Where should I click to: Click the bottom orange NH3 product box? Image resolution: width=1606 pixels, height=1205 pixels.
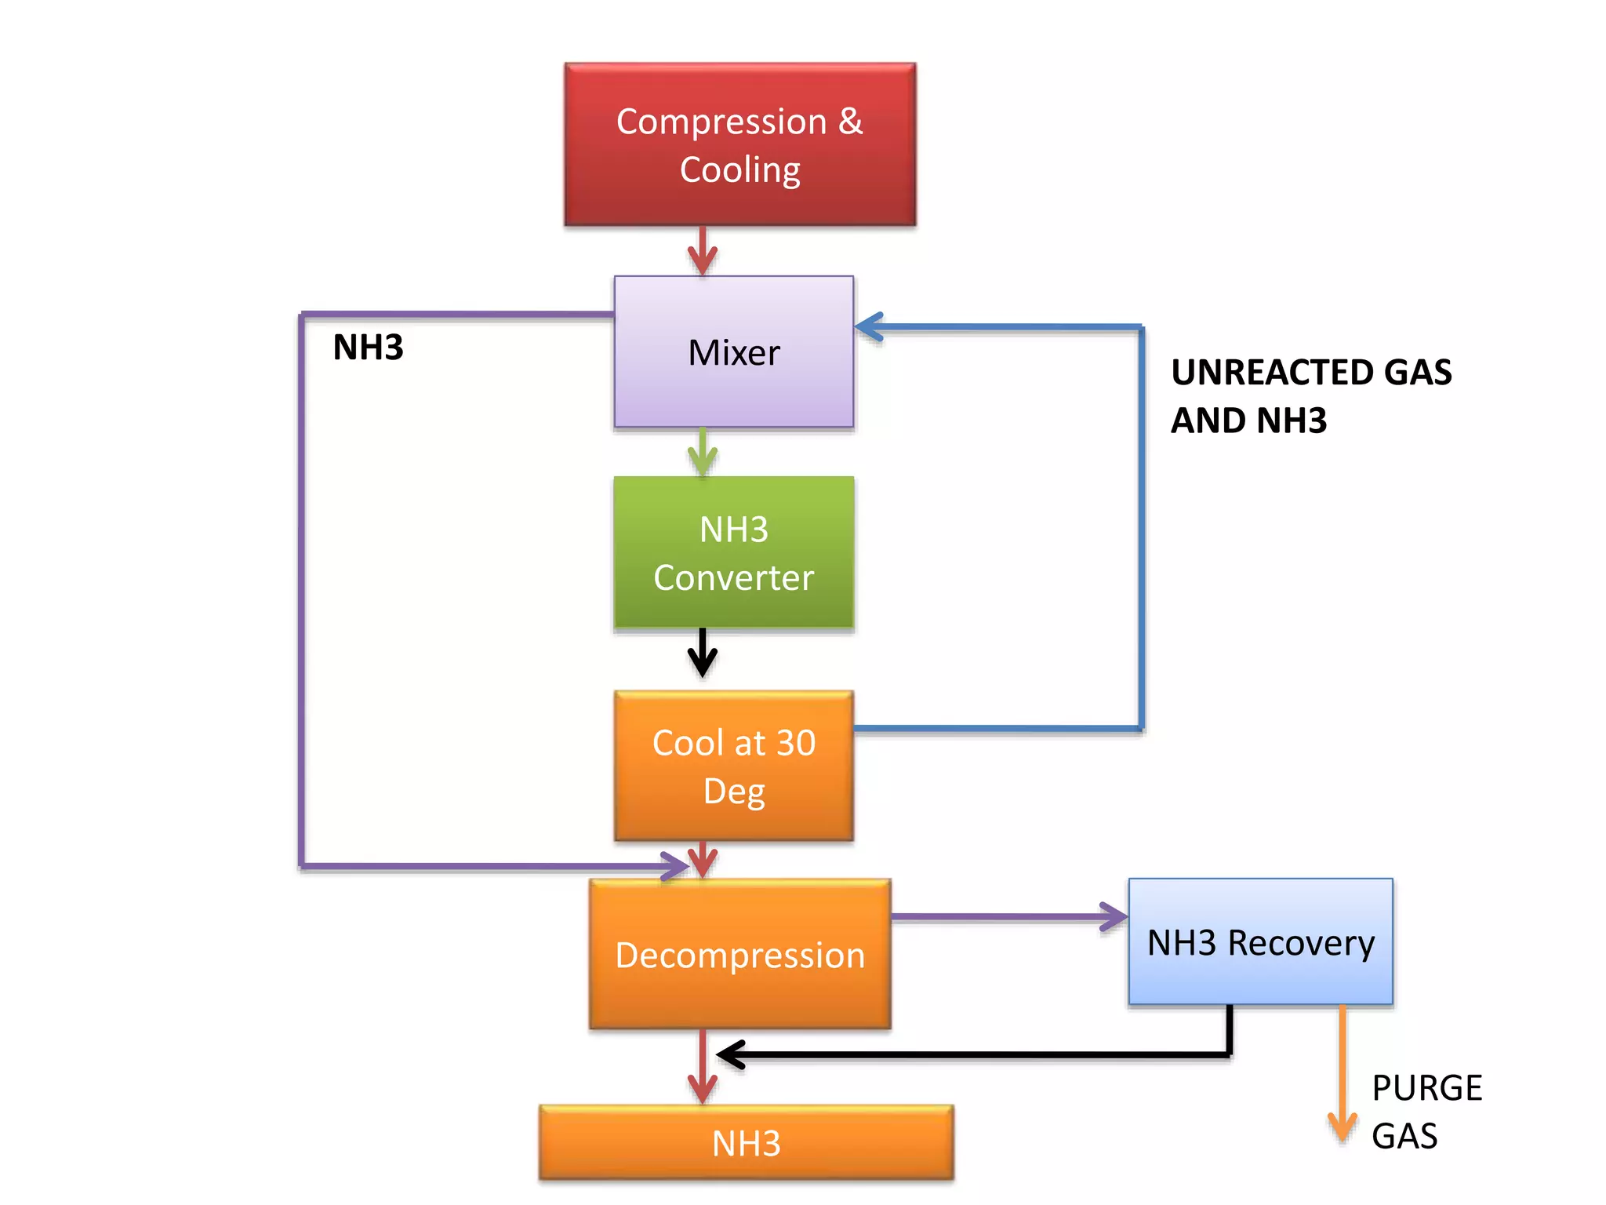coord(746,1142)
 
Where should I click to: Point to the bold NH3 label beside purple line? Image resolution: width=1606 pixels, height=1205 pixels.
coord(368,347)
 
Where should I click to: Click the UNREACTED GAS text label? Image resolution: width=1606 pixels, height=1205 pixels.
coord(1310,373)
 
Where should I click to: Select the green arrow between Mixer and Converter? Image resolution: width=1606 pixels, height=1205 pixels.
coord(703,455)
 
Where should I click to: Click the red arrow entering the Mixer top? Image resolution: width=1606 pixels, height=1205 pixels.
coord(703,255)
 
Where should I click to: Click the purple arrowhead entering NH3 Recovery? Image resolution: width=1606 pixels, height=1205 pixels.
coord(1114,916)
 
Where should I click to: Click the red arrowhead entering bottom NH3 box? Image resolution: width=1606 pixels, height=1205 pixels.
coord(703,1089)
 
